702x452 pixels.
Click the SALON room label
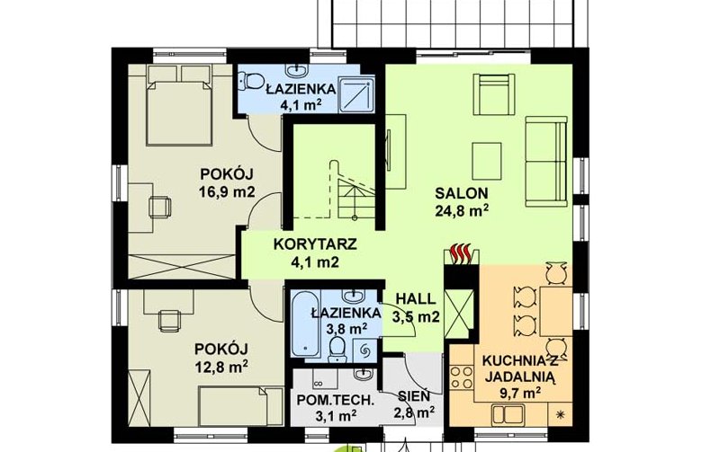[462, 193]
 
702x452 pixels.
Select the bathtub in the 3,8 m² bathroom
[306, 324]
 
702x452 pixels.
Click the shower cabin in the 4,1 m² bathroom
[356, 93]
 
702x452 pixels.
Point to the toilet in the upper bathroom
[251, 81]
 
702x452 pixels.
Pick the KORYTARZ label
[315, 244]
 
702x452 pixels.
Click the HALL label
[416, 298]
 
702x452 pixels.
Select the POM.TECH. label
[335, 399]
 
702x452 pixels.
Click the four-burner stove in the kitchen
[462, 377]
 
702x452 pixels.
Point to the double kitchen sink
[509, 415]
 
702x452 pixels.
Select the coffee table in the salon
[487, 162]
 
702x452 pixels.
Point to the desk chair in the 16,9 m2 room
[160, 207]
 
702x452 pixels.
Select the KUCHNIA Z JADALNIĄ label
[519, 368]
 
